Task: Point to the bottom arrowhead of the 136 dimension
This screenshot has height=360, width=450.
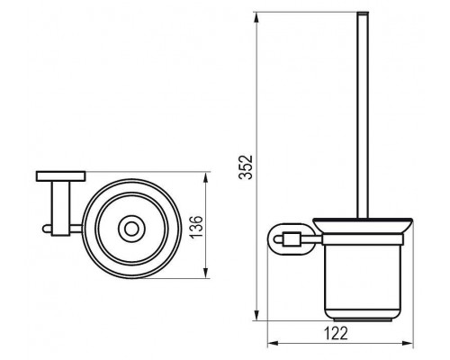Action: point(208,273)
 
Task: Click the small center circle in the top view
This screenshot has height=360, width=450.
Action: point(131,231)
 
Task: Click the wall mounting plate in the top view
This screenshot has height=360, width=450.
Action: point(61,175)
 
